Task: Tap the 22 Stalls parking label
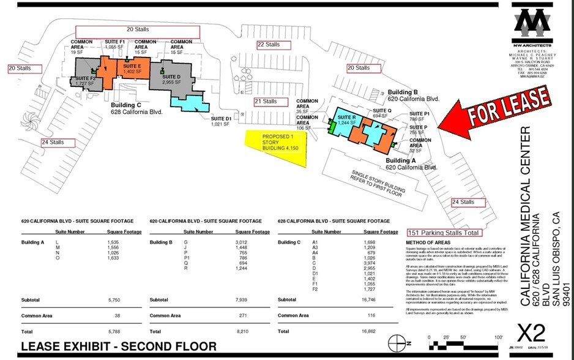[269, 45]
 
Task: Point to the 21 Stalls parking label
[266, 102]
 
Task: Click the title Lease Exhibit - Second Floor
[119, 347]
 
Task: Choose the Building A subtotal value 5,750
[132, 300]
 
